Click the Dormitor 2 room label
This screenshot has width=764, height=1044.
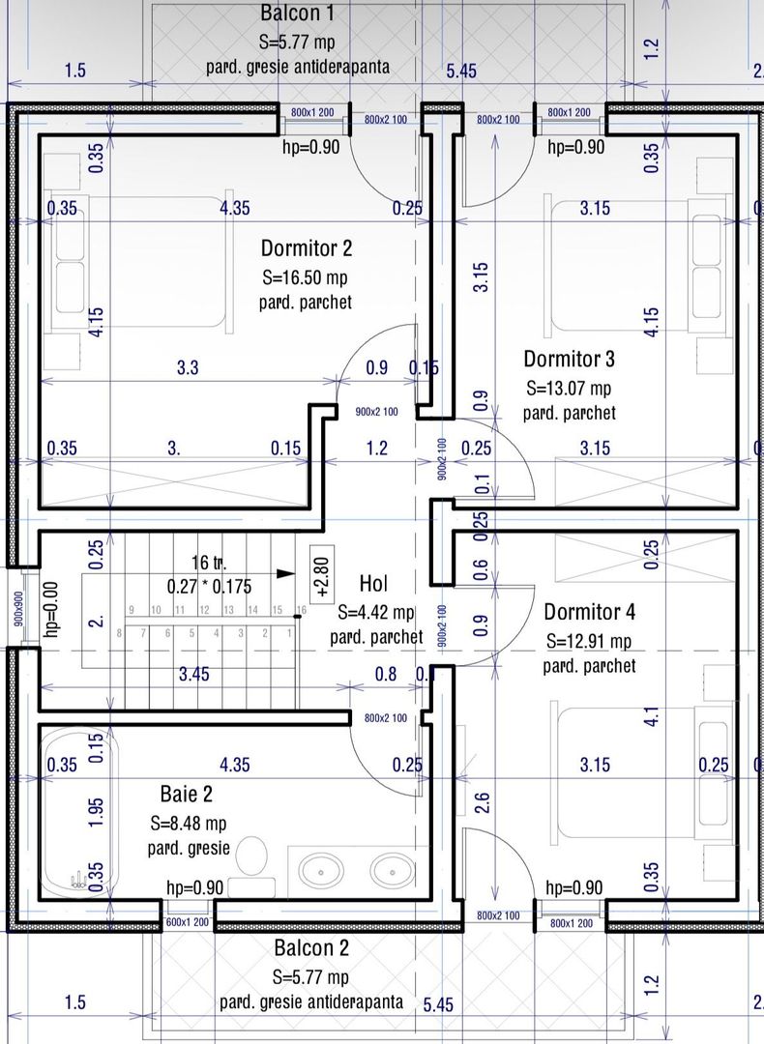click(x=306, y=248)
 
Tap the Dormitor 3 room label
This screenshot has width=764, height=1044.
click(x=569, y=360)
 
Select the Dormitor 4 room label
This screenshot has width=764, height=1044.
click(x=589, y=612)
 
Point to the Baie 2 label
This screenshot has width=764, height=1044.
click(x=186, y=795)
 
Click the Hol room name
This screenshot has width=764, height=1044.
click(x=374, y=583)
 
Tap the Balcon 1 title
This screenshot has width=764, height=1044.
click(x=298, y=14)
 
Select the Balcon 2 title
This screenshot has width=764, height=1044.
click(x=310, y=948)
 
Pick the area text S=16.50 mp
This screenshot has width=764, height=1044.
click(x=305, y=277)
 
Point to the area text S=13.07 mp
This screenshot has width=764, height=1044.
click(x=569, y=389)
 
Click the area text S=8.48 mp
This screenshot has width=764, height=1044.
click(x=188, y=824)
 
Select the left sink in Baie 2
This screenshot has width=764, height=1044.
click(x=316, y=870)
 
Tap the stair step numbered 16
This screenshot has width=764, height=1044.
click(x=301, y=609)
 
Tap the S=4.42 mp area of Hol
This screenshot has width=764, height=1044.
click(x=376, y=612)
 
